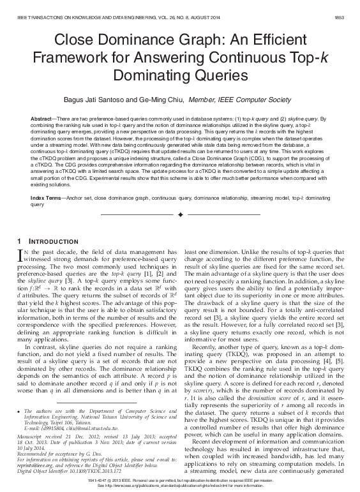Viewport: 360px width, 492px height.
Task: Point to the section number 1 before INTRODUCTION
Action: click(x=20, y=241)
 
